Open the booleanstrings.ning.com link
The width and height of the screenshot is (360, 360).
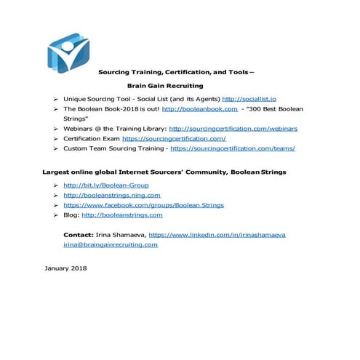(112, 195)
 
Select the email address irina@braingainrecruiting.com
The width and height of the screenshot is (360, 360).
(111, 244)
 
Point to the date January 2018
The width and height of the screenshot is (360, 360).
(65, 268)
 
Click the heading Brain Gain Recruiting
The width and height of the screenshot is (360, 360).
(165, 86)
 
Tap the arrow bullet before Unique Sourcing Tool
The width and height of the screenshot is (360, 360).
(56, 97)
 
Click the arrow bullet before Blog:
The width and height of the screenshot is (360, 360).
(56, 215)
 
